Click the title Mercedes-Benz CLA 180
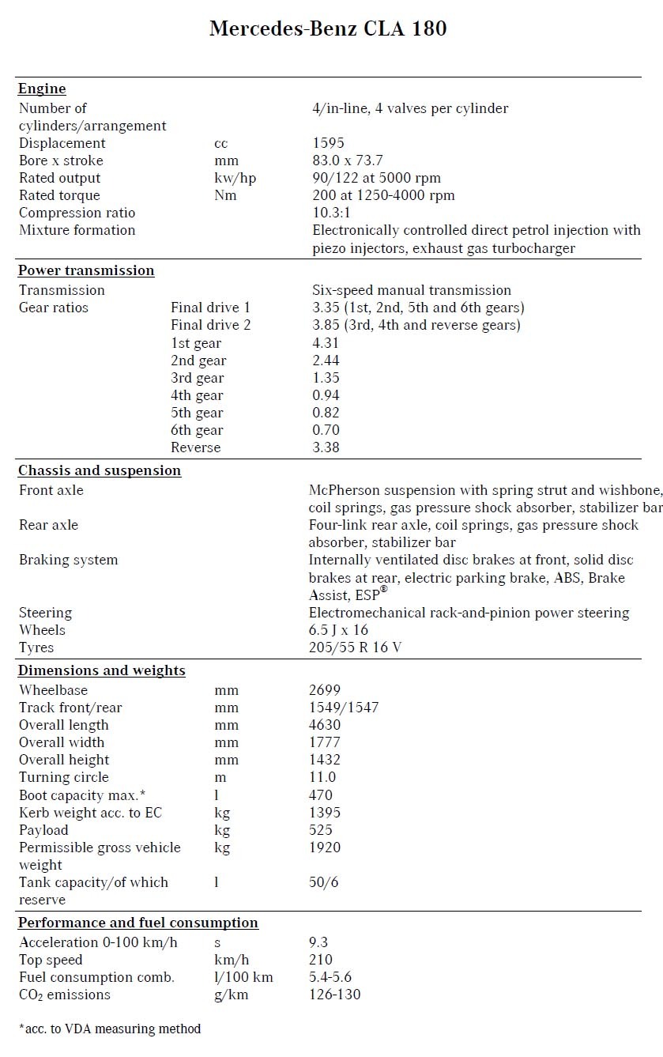coord(328,29)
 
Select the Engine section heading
coord(42,89)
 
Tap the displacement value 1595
coord(328,143)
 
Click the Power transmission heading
coord(86,270)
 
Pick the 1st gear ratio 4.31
coord(326,343)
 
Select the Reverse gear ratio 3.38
coord(326,447)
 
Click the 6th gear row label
coord(197,430)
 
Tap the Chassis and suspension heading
coord(100,470)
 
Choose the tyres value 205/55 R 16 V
coord(360,647)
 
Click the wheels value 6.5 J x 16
coord(338,630)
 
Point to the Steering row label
coord(45,613)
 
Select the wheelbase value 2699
coord(325,690)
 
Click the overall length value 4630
coord(325,725)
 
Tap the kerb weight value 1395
coord(325,813)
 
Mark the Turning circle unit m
coord(221,777)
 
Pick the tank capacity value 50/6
coord(324,882)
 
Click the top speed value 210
coord(322,960)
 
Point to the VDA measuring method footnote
coord(110,1029)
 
